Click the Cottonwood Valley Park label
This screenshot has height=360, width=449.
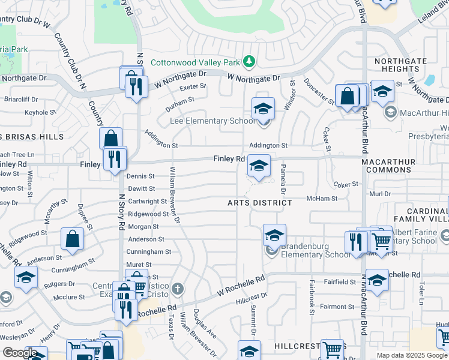[x=194, y=62]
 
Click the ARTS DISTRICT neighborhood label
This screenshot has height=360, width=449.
[x=259, y=203]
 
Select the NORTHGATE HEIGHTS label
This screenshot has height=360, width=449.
[x=400, y=65]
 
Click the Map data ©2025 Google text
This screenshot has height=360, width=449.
[x=412, y=355]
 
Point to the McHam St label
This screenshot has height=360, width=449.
[x=322, y=199]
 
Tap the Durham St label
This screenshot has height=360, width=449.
[x=180, y=103]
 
